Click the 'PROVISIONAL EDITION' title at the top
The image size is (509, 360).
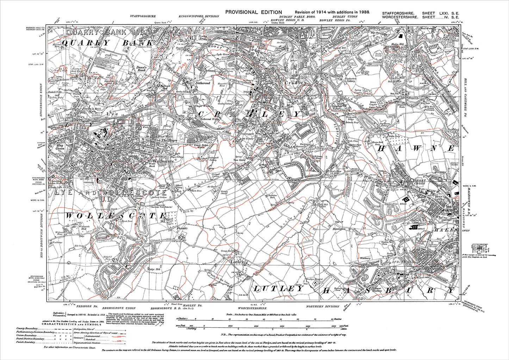[254, 12]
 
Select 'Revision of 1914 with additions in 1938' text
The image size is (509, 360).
[332, 12]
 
